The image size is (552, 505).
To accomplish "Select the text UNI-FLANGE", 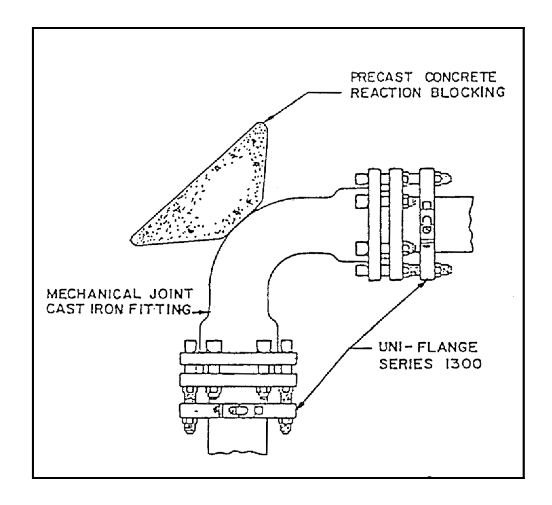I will (x=428, y=347).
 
